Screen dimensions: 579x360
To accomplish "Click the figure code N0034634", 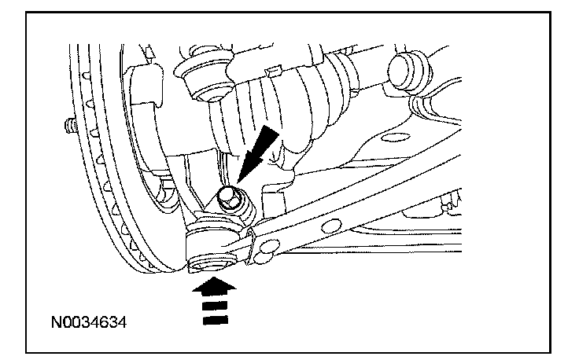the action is (89, 322).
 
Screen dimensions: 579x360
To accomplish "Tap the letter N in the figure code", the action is (56, 322).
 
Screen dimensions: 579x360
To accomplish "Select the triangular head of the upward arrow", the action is (214, 287).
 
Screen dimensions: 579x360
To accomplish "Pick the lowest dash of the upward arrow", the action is (216, 320).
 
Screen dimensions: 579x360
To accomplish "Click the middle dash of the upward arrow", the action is (216, 306).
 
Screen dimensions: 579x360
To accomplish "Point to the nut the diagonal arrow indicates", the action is (228, 197).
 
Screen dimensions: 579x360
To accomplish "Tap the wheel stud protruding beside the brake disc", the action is (70, 126).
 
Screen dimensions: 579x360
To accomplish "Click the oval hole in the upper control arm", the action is (396, 138).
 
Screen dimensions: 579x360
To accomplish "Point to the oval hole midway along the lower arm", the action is (331, 226).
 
